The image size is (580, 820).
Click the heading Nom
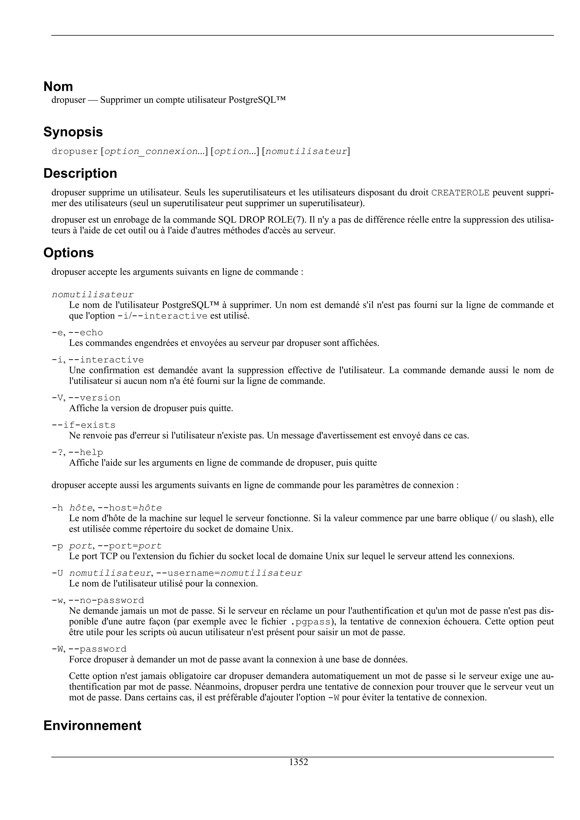[x=58, y=87]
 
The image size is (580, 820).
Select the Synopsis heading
[x=73, y=132]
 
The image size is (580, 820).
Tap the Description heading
[x=80, y=173]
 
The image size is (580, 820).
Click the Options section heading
[x=68, y=253]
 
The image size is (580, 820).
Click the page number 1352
[x=298, y=762]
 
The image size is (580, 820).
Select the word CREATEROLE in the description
[x=460, y=193]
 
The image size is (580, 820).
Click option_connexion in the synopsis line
[x=151, y=151]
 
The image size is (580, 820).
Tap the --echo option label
[x=86, y=333]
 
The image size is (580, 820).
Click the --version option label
[x=94, y=398]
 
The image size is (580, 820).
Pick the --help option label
[x=86, y=453]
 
